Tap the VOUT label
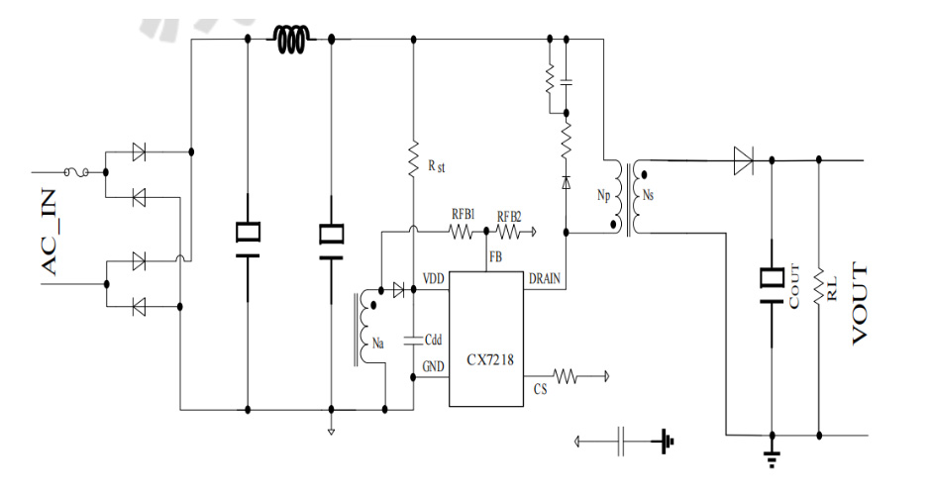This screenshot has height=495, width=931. tap(860, 303)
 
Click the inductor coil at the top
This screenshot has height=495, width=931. tap(293, 40)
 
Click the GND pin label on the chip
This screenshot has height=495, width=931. tap(434, 365)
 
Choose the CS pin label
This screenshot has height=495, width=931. tap(540, 390)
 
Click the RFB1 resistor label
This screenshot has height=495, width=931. tap(463, 213)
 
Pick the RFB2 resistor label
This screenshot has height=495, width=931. tap(510, 214)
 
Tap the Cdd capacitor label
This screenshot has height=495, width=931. tap(433, 340)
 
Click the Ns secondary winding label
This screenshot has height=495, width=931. tap(648, 195)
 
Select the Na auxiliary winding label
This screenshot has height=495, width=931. tap(378, 344)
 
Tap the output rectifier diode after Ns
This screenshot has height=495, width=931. tap(743, 160)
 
